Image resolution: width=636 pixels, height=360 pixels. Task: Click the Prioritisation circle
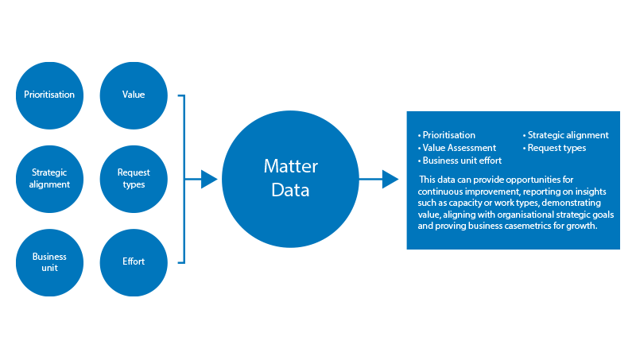click(x=49, y=95)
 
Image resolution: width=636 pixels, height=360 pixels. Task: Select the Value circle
click(x=134, y=95)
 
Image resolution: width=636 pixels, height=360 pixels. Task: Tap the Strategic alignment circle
click(x=49, y=179)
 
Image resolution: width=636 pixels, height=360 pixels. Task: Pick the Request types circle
click(x=134, y=179)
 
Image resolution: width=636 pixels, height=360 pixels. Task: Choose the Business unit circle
click(x=49, y=263)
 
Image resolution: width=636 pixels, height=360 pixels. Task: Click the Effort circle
click(x=134, y=263)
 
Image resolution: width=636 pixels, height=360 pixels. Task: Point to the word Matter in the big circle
click(x=291, y=166)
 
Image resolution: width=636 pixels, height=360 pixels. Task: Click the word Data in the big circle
click(x=290, y=190)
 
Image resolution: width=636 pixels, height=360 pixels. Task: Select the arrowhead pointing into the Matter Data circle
click(x=209, y=179)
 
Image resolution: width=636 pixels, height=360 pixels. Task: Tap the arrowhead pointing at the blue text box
click(x=390, y=179)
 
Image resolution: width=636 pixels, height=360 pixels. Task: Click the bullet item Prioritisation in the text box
click(x=446, y=135)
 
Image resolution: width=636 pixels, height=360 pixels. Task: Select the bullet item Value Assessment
click(x=456, y=148)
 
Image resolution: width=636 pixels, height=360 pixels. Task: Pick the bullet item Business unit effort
click(x=460, y=161)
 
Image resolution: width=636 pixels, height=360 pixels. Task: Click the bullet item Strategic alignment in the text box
click(x=565, y=135)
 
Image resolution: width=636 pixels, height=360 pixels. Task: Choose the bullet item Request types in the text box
click(x=554, y=149)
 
